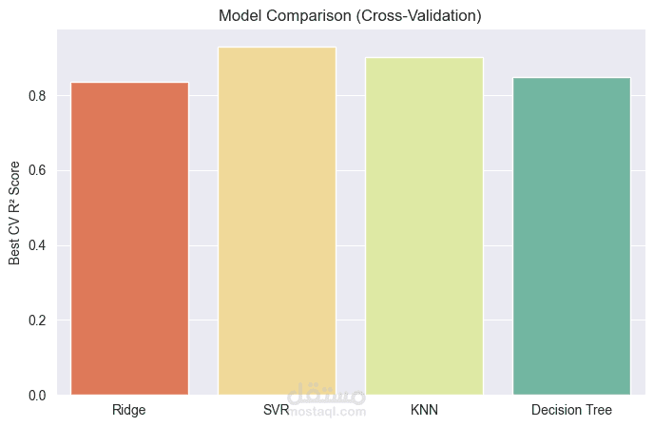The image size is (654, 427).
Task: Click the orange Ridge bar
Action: [129, 239]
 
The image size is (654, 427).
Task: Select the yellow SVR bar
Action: [277, 221]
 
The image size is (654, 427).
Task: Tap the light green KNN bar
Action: [424, 225]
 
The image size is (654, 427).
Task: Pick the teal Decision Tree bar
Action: [571, 236]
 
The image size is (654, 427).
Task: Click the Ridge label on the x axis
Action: [129, 410]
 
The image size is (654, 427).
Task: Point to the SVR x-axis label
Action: [276, 410]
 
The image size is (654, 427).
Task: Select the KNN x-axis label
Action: [424, 410]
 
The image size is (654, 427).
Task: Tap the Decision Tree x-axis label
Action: [571, 410]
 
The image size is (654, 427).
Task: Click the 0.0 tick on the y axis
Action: [37, 396]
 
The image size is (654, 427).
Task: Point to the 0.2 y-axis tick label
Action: [37, 320]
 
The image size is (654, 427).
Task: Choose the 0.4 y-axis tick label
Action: [37, 245]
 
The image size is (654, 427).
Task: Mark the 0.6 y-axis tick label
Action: [37, 171]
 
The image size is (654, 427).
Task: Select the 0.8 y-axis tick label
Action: [37, 96]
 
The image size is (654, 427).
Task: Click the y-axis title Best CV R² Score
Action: [14, 213]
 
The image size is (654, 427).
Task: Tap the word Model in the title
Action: [240, 16]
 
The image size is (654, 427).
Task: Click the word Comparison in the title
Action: [309, 16]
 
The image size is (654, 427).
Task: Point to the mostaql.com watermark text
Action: [328, 412]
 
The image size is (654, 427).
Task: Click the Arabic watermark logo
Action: [327, 394]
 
